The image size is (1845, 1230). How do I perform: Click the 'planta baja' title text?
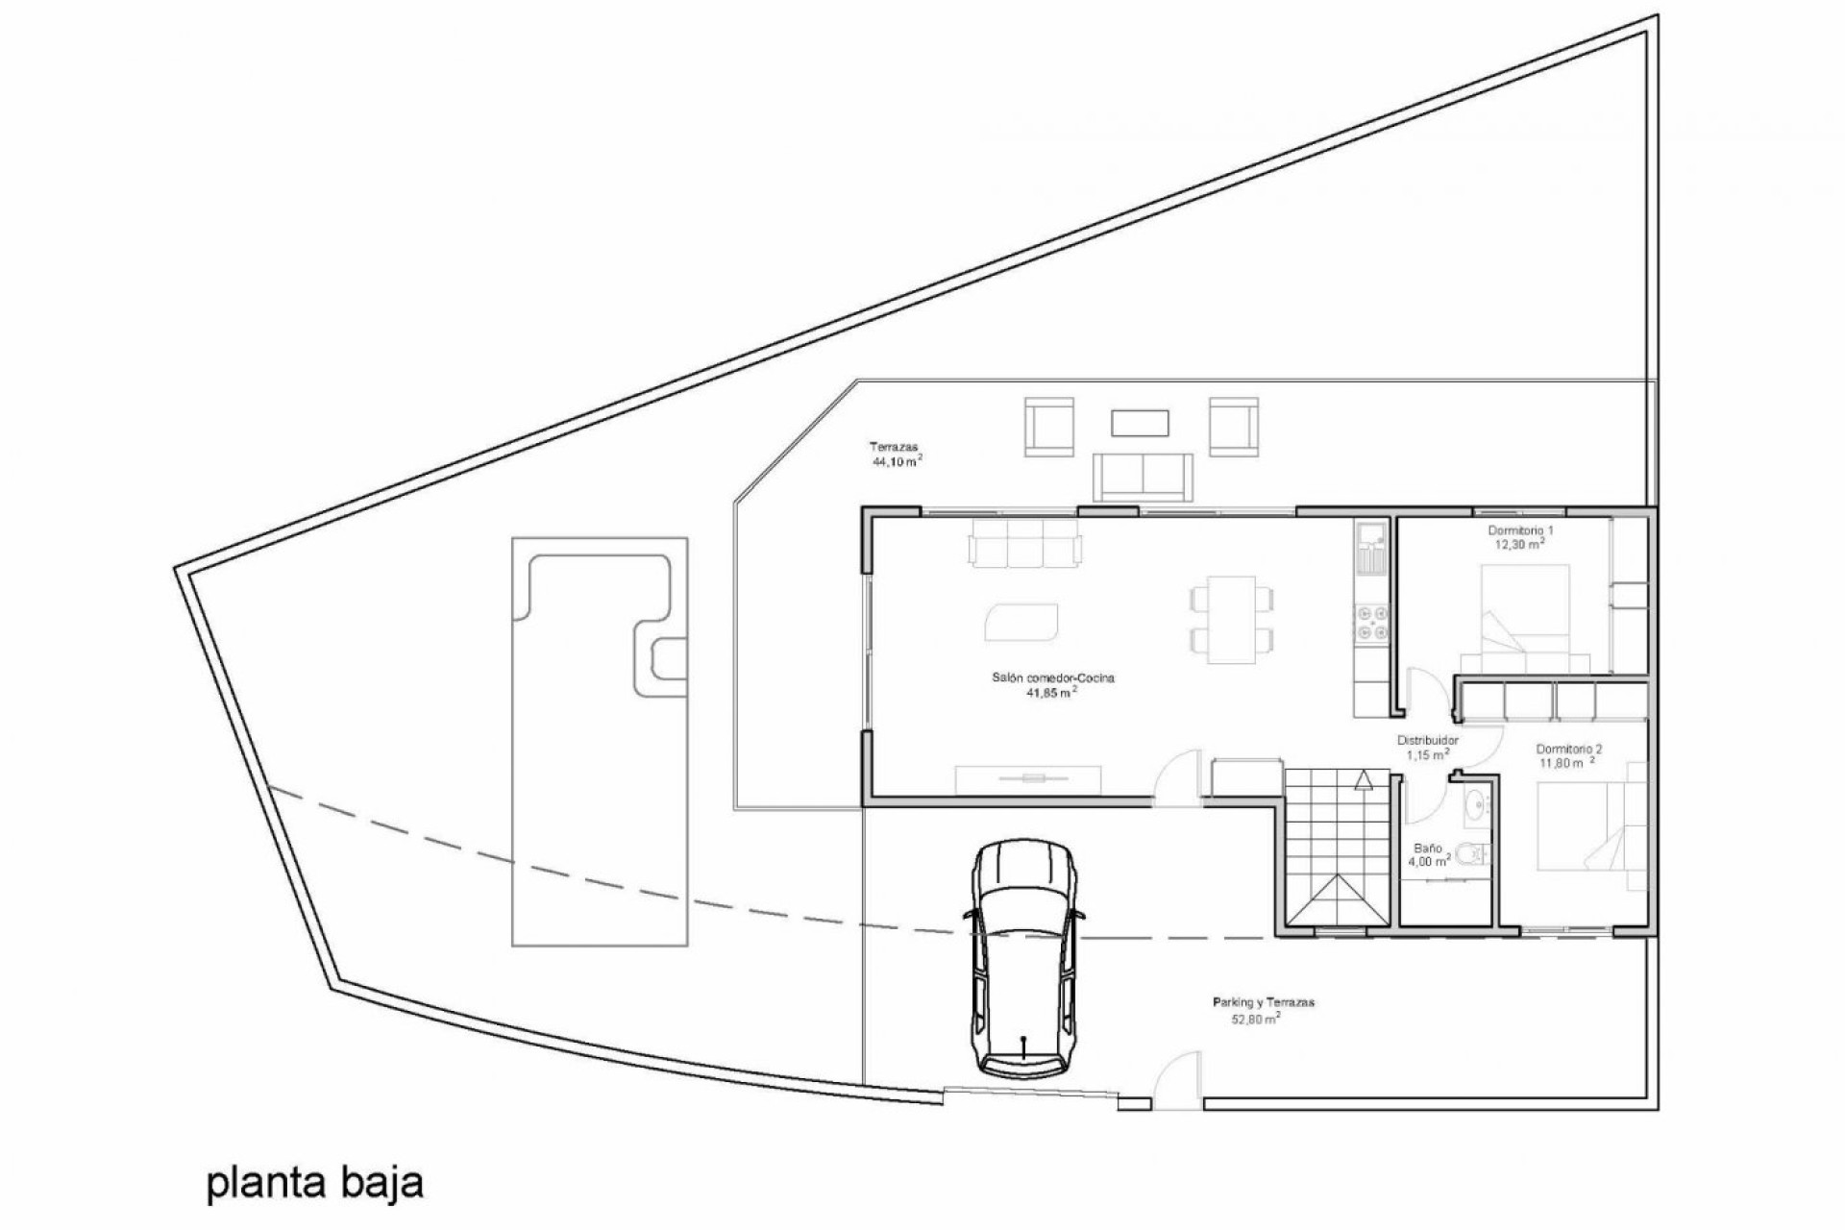(x=314, y=1184)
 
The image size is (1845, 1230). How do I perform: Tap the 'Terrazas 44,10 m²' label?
(x=896, y=454)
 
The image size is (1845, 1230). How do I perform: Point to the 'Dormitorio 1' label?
(x=1520, y=530)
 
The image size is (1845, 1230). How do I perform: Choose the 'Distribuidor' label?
(x=1427, y=741)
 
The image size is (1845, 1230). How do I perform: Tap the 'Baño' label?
(x=1427, y=849)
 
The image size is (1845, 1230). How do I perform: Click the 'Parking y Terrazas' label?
(x=1263, y=1002)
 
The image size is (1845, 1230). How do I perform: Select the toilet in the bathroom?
(x=1467, y=853)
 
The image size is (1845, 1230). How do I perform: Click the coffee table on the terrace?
(x=1140, y=423)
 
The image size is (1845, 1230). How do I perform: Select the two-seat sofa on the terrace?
(x=1143, y=475)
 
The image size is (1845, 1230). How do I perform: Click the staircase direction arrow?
(x=1362, y=780)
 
